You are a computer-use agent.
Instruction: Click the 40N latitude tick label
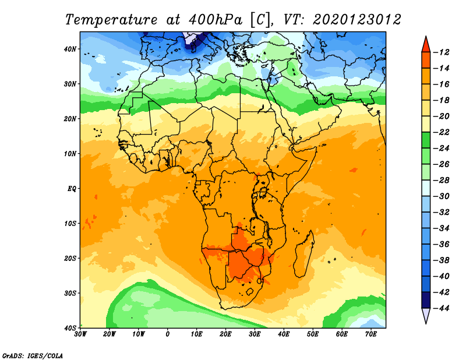70,49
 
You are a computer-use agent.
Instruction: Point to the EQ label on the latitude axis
72,189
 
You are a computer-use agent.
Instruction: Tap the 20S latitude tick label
70,258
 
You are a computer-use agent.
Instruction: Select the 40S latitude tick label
70,328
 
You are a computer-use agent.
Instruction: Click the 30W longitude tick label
80,334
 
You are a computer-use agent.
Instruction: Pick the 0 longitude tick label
168,334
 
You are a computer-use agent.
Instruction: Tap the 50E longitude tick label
313,334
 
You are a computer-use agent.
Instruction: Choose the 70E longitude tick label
370,334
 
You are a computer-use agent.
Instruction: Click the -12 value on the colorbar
442,52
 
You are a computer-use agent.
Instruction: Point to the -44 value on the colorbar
442,308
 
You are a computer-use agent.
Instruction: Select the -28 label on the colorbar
442,180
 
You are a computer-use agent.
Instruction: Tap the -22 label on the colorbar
442,132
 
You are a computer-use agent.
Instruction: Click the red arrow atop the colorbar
426,45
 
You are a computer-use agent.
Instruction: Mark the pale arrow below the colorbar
426,315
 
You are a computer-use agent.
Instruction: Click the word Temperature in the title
111,20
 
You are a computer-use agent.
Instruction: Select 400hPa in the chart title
216,20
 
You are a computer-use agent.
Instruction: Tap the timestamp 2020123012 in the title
357,20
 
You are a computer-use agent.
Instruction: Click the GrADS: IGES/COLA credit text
33,356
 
